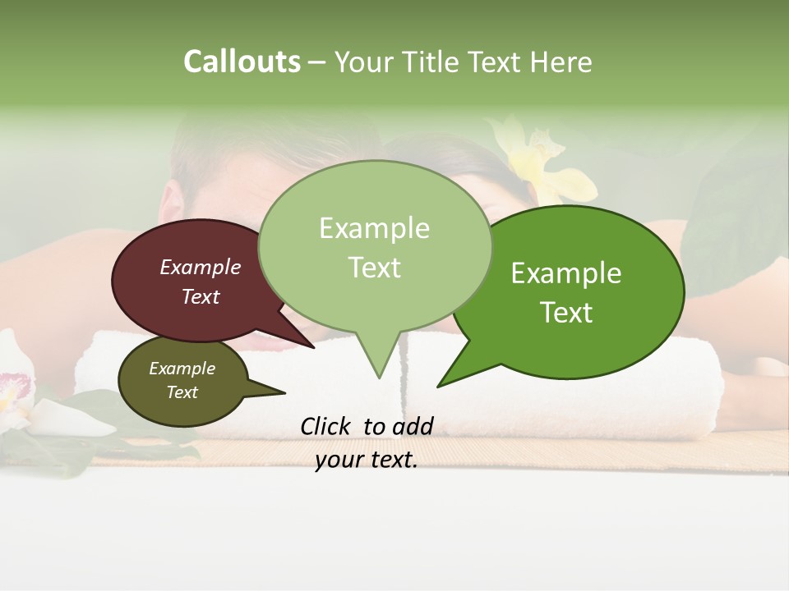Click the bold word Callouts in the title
[x=242, y=62]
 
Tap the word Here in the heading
[x=561, y=62]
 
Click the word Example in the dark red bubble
[x=200, y=267]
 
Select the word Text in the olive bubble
[x=182, y=392]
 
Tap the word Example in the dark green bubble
[x=566, y=273]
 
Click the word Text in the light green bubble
[x=374, y=268]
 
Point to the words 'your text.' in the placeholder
[x=367, y=460]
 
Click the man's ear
[x=171, y=201]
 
